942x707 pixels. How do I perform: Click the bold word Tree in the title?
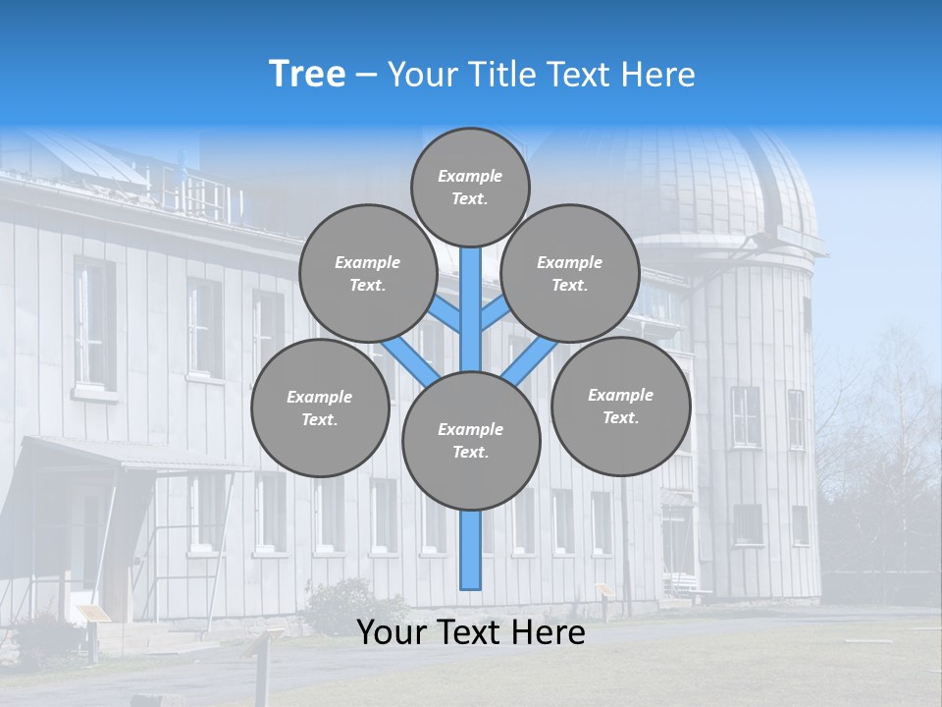pos(307,75)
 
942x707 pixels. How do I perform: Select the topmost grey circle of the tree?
pos(470,187)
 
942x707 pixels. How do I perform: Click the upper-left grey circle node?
pos(368,273)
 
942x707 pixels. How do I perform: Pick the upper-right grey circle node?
pos(570,273)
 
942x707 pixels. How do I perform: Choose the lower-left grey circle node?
pos(320,408)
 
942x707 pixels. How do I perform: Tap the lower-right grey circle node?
pos(620,406)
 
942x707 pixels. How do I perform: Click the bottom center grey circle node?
pos(471,440)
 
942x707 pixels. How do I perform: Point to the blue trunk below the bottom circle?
pos(471,550)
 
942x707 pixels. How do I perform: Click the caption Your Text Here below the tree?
pos(471,632)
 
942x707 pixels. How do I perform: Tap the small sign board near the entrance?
pos(94,614)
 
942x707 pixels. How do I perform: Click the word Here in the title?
pos(662,75)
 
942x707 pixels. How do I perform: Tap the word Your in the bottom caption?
pos(392,632)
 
